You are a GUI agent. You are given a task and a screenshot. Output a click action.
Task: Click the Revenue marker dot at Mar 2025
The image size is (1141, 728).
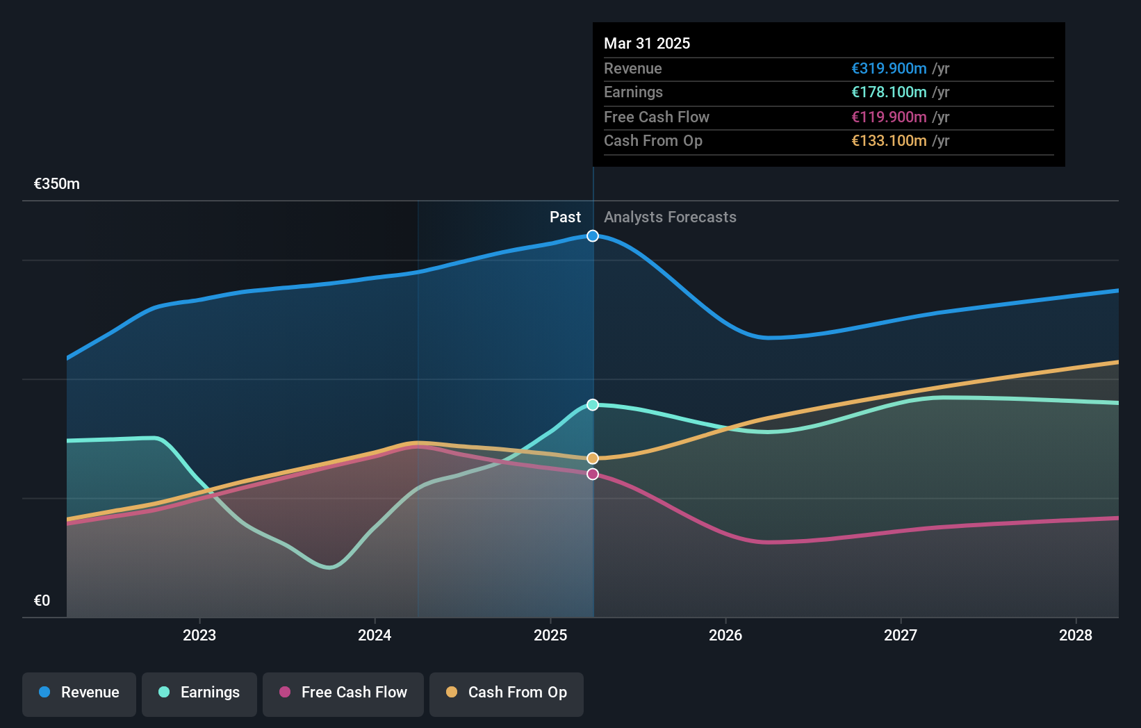593,236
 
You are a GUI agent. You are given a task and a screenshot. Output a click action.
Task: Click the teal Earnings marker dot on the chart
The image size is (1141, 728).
593,405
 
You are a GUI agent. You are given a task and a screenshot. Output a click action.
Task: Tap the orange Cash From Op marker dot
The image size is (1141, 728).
593,458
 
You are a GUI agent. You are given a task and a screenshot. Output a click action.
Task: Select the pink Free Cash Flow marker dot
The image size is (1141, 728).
593,474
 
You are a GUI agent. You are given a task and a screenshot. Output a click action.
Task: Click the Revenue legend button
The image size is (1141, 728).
79,693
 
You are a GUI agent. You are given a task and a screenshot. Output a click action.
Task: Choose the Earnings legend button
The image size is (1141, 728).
199,693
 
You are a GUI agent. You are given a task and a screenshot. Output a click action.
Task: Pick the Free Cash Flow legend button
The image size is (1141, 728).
343,693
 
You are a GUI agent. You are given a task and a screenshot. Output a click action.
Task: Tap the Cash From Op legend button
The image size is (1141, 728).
507,693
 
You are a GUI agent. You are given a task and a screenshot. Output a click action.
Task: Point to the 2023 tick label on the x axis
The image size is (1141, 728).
199,636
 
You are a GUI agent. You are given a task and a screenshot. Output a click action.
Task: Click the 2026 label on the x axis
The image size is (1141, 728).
725,636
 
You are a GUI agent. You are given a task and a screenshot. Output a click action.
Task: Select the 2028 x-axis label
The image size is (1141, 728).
1075,636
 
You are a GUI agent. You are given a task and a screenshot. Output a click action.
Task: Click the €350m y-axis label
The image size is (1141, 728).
57,184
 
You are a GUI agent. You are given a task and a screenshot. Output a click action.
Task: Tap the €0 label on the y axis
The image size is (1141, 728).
42,601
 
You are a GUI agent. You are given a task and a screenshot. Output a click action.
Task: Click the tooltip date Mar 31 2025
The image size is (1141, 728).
647,44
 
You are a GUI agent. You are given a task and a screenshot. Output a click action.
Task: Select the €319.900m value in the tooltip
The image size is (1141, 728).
889,69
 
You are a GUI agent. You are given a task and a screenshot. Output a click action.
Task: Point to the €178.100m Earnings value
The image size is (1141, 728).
889,92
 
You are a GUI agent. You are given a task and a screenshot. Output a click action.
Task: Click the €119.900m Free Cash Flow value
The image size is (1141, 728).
889,117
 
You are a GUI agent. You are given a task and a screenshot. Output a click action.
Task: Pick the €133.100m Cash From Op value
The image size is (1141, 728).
889,141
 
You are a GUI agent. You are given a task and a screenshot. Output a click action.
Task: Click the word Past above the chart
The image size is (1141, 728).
565,217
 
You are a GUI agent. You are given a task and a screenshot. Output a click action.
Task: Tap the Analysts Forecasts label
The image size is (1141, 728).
670,217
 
